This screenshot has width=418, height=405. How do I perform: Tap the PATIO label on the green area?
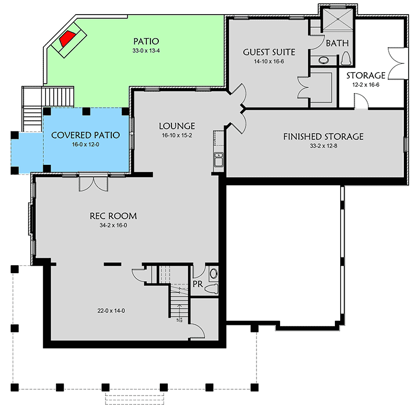(146, 41)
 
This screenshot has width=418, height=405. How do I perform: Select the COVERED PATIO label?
(85, 135)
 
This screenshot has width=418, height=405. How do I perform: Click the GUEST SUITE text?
(269, 52)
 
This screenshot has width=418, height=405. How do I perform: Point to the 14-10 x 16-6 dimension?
(269, 62)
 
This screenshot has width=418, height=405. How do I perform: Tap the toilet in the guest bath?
(345, 59)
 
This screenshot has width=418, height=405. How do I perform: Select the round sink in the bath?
(323, 60)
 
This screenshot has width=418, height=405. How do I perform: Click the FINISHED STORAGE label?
(323, 137)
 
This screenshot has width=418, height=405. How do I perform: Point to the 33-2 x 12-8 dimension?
(323, 146)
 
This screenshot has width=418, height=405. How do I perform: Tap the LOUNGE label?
(178, 126)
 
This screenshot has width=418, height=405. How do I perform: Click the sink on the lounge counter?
(219, 159)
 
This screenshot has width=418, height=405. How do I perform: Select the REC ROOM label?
(113, 216)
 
